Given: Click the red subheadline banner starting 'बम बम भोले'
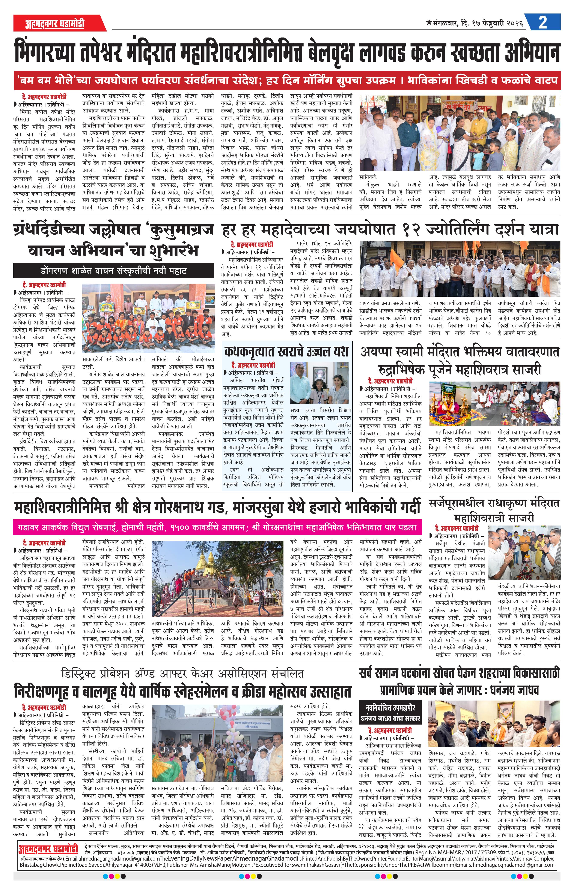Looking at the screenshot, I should point(287,80).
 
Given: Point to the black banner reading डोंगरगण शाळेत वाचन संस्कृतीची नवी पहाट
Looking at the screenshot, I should point(114,271).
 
